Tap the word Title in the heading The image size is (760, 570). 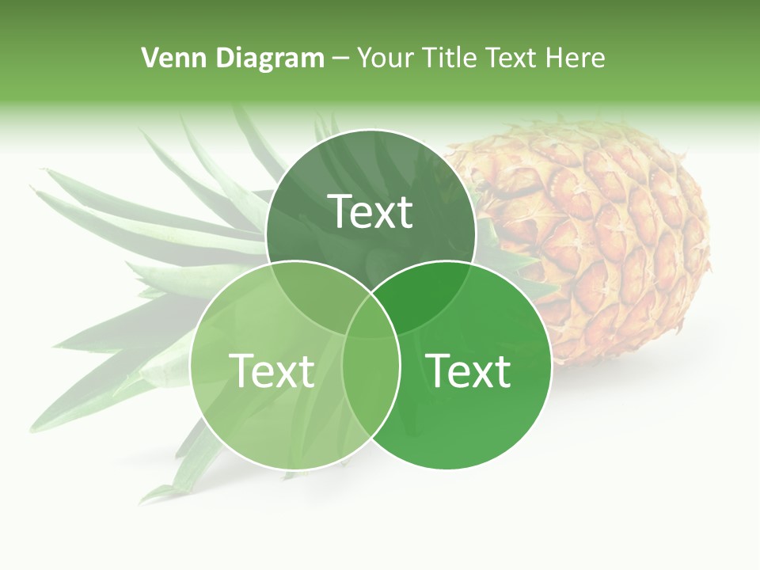pyautogui.click(x=449, y=58)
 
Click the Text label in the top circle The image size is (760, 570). pyautogui.click(x=370, y=211)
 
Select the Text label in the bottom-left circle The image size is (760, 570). pyautogui.click(x=272, y=370)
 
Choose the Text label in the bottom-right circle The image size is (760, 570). pyautogui.click(x=469, y=370)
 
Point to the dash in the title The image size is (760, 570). pyautogui.click(x=340, y=58)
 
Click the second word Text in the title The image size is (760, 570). pyautogui.click(x=511, y=58)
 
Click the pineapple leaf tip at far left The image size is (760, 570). pyautogui.click(x=33, y=189)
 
